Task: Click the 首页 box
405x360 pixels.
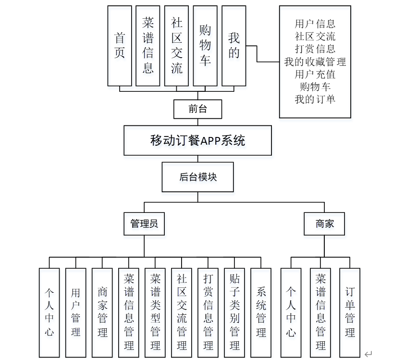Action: point(120,46)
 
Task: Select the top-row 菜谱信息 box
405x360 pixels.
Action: point(148,46)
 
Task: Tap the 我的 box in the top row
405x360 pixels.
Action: point(233,46)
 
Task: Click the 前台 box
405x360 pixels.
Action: point(197,109)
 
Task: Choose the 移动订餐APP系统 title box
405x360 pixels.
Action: point(197,140)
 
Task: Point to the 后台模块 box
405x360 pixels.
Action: point(197,176)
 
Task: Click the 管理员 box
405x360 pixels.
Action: point(144,224)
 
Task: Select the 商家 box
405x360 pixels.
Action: point(324,224)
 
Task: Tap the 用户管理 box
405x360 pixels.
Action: point(76,312)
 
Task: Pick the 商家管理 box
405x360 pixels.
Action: point(102,312)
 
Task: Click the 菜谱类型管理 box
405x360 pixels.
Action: point(155,312)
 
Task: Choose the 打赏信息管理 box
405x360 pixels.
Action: point(208,312)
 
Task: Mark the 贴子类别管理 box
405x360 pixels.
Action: point(234,312)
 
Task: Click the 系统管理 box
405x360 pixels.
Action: point(261,312)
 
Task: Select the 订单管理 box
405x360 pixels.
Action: point(350,312)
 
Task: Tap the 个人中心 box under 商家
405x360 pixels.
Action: point(291,312)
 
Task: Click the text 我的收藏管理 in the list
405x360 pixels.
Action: point(315,62)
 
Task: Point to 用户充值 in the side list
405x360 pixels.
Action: point(315,74)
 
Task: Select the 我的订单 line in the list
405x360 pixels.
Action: point(315,99)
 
